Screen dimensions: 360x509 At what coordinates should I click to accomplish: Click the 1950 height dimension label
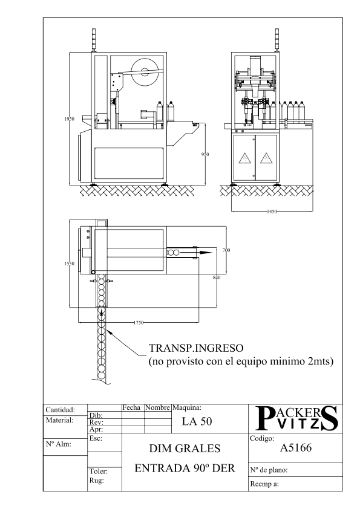tap(69, 119)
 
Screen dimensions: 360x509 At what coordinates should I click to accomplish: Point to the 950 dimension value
tap(205, 155)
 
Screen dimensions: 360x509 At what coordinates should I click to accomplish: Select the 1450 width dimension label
tap(272, 212)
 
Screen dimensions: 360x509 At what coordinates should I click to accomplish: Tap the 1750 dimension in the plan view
tap(139, 323)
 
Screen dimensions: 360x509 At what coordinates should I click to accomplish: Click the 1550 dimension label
tap(69, 264)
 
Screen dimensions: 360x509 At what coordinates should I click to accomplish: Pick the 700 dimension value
tap(226, 250)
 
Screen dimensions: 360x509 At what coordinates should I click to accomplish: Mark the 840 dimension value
tap(217, 277)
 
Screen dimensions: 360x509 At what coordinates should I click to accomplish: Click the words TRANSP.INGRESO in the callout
tap(196, 348)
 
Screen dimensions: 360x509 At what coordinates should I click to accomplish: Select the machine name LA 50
tap(197, 421)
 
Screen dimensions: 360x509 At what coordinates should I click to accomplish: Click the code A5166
tap(296, 448)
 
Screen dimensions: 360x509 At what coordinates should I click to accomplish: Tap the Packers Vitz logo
tap(296, 418)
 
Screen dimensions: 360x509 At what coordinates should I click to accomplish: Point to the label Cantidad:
tap(61, 410)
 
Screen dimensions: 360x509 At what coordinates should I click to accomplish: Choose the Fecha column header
tap(131, 407)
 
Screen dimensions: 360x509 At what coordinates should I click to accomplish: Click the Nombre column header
tap(157, 407)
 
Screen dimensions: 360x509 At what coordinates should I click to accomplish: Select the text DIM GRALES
tap(185, 449)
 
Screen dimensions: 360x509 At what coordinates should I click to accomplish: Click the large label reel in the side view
tap(146, 71)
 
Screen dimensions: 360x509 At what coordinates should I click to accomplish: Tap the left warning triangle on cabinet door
tap(244, 158)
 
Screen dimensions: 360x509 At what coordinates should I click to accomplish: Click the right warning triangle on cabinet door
tap(266, 158)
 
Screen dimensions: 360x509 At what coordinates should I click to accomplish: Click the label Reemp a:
tap(264, 484)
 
